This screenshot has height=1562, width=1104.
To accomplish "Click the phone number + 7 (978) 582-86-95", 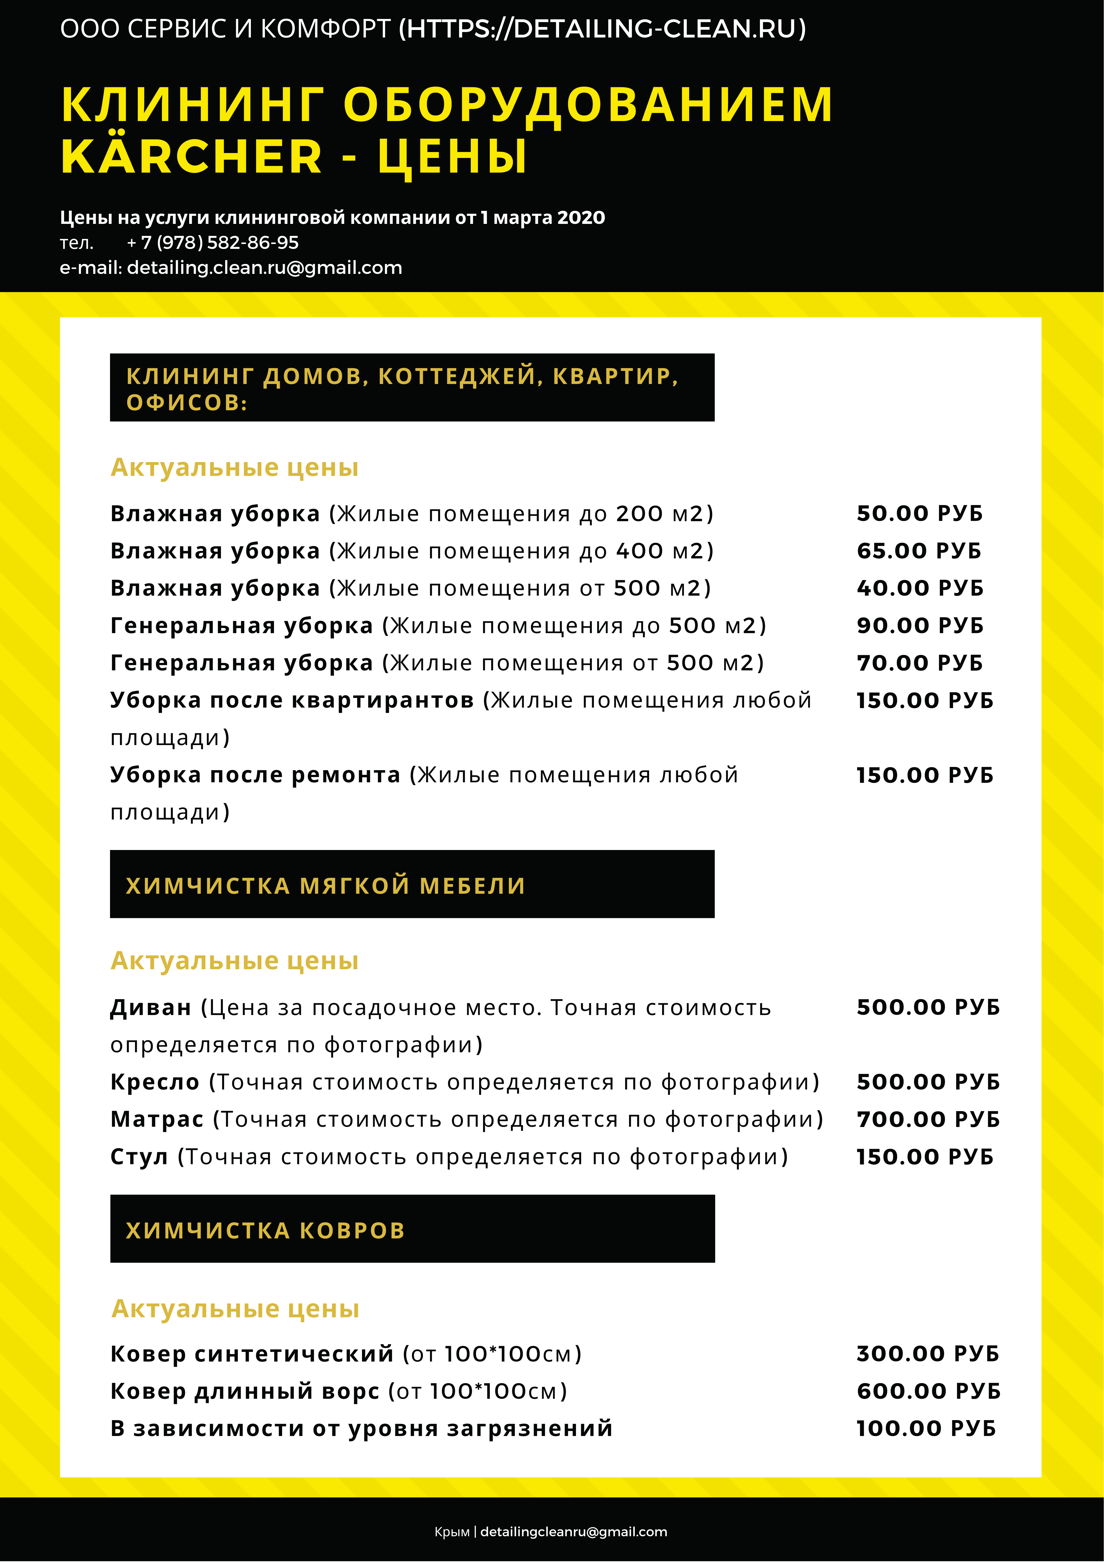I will point(213,243).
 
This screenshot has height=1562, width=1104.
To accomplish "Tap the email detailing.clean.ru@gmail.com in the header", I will point(264,268).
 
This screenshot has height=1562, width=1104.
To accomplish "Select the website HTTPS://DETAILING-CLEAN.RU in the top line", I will point(602,29).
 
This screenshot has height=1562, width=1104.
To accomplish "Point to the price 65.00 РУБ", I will point(919,551).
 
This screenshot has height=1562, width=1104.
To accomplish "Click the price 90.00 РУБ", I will point(920,626).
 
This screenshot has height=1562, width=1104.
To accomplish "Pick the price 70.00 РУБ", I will point(920,663).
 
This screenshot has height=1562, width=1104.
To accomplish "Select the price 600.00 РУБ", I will point(929,1391).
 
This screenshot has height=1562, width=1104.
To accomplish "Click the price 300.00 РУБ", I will point(928,1354).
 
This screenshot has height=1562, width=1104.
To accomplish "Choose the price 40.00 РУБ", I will point(920,588).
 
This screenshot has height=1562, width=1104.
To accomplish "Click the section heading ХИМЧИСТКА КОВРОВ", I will point(265,1231).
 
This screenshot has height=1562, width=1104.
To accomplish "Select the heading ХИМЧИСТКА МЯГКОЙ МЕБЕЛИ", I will point(325,886).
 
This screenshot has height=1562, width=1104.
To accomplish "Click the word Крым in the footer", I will point(452,1532).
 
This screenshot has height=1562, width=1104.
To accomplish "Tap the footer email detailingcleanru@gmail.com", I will point(573,1532).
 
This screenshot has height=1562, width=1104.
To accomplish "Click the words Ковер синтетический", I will point(252,1354).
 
